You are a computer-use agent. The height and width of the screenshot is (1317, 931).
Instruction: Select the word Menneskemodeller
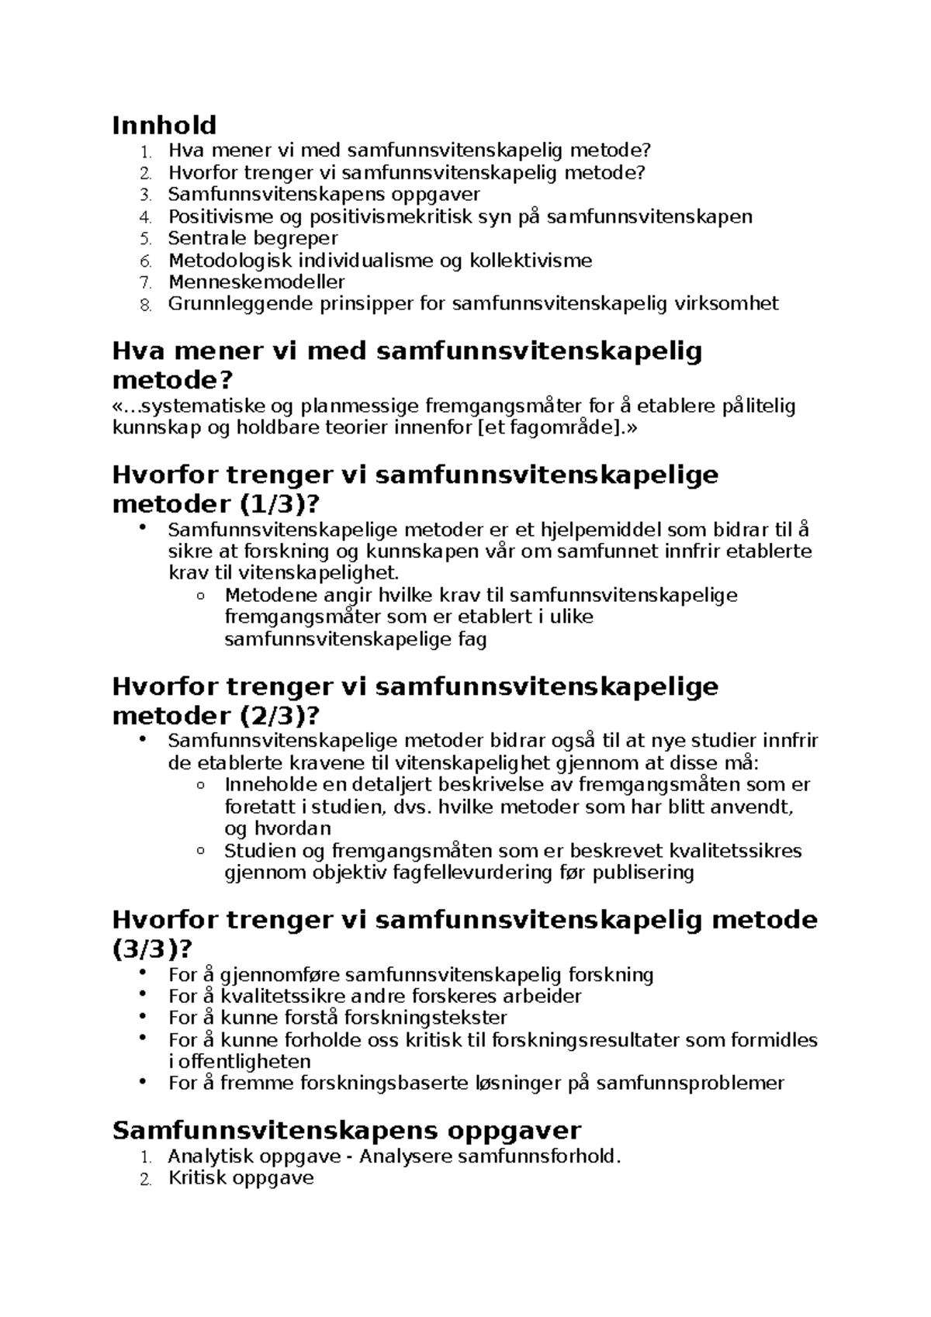click(256, 282)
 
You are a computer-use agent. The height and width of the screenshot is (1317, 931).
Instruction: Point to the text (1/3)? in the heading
click(275, 504)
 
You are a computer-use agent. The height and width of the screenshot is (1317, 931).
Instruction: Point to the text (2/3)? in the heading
click(275, 715)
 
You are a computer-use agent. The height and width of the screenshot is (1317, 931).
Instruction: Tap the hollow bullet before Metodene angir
click(202, 596)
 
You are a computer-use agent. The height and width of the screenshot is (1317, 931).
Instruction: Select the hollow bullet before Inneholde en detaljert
click(202, 786)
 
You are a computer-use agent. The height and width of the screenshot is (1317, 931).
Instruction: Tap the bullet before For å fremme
click(141, 1082)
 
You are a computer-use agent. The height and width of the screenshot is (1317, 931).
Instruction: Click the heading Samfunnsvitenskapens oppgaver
click(346, 1130)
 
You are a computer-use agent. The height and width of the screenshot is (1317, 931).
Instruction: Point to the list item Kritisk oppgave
click(241, 1178)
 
